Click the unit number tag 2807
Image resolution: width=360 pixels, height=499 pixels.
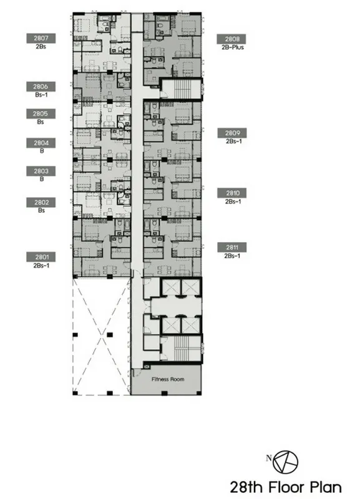pos(41,39)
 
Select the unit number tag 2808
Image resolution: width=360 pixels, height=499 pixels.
pos(231,39)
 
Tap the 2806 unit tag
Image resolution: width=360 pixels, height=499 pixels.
pos(41,87)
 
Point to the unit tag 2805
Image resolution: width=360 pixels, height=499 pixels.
pos(41,114)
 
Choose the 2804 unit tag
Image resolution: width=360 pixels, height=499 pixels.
pos(41,143)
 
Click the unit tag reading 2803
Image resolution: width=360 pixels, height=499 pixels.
pos(41,171)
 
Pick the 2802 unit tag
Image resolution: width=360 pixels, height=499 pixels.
pos(41,202)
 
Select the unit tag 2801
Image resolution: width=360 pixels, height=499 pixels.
pos(41,257)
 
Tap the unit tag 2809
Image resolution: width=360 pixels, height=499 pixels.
pos(232,133)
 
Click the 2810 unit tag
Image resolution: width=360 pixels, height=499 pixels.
pos(232,193)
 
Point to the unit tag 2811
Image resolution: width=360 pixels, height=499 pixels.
pos(232,247)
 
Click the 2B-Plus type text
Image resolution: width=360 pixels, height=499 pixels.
pos(233,47)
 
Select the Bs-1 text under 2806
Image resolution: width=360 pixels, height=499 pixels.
pos(41,95)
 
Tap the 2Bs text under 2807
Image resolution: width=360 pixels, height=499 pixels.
pos(41,46)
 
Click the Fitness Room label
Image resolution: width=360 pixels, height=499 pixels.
pos(168,379)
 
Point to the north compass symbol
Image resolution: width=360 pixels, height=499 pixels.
pos(285,462)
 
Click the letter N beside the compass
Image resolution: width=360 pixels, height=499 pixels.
pos(269,458)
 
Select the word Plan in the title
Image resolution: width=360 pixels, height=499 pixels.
pos(326,487)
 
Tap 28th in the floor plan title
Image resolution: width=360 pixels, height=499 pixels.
pos(248,487)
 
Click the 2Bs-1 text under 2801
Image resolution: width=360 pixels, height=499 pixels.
pos(41,266)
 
